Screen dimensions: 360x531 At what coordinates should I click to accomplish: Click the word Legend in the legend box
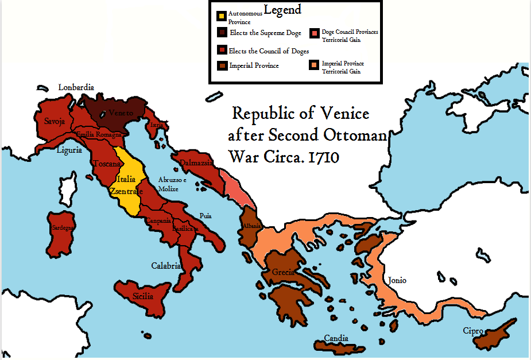pyautogui.click(x=282, y=10)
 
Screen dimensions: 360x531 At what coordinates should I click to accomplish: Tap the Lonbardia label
pyautogui.click(x=76, y=87)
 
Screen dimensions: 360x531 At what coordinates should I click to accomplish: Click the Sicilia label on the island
pyautogui.click(x=144, y=296)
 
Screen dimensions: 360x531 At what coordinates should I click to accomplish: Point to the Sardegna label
pyautogui.click(x=63, y=228)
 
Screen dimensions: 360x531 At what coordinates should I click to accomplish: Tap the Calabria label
pyautogui.click(x=166, y=266)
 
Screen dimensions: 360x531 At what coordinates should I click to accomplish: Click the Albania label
pyautogui.click(x=252, y=226)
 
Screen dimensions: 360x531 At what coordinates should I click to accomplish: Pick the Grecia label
pyautogui.click(x=284, y=272)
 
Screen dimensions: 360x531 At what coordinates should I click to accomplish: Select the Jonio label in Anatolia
pyautogui.click(x=397, y=280)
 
